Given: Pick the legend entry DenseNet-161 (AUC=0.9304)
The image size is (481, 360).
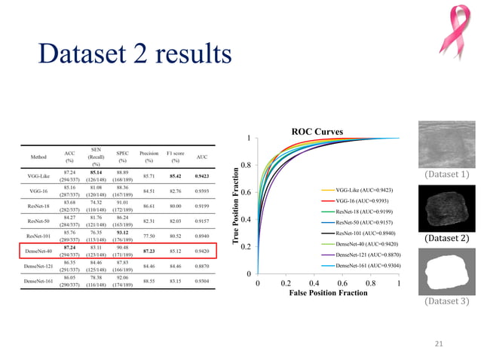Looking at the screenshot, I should coord(369,266).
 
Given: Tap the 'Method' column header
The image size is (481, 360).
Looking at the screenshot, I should coord(37,157).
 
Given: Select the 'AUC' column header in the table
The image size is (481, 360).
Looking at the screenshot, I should coord(201,157).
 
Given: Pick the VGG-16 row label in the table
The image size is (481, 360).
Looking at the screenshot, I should coord(37,191).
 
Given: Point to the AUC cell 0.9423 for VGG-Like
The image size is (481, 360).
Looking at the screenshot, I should coord(201,175).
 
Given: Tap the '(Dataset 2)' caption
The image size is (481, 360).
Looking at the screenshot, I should coord(445,239).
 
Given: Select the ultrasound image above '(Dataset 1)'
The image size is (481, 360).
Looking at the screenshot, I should coord(445,145).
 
